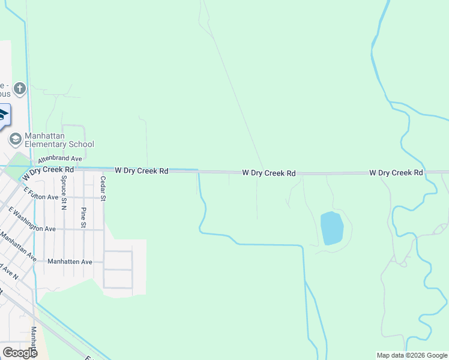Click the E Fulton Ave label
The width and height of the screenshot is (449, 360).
pos(41,193)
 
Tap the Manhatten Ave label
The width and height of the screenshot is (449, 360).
pos(70,262)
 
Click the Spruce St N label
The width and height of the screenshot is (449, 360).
pos(63,197)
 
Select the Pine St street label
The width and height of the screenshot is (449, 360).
pos(83,217)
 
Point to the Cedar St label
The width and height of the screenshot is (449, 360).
pos(103,188)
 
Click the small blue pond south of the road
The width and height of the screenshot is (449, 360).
pos(332,228)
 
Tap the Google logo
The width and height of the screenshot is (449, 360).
pos(20,353)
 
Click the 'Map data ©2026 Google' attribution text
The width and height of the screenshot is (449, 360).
pos(412,355)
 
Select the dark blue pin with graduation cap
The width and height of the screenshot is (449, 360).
pos(3,115)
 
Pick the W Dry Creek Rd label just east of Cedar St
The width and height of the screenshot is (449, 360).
pos(141,170)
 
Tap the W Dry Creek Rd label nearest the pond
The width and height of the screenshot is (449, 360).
pos(269,173)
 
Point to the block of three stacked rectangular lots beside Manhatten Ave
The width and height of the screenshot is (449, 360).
pos(118,269)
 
